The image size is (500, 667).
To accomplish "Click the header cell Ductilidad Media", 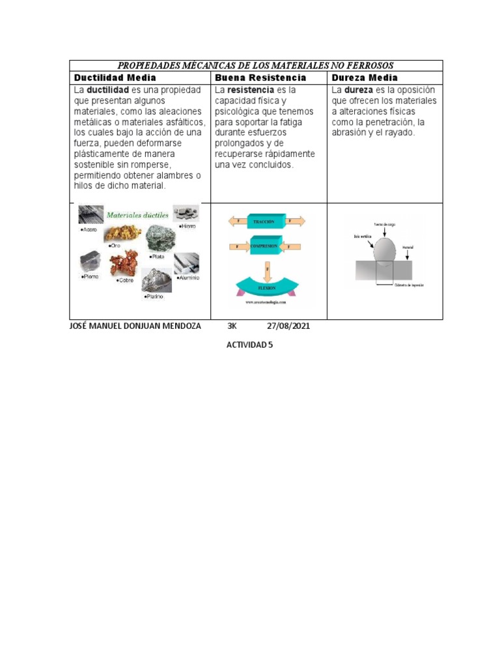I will pos(115,78).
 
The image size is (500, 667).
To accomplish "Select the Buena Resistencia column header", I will pos(260,78).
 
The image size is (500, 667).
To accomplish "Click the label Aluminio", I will pos(187,277).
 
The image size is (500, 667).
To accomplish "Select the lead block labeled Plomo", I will pos(90,263).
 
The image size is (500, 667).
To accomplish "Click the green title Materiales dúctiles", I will pos(137,214).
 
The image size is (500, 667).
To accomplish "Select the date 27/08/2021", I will pos(288,326).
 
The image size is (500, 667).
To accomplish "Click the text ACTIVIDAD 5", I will pos(249,345).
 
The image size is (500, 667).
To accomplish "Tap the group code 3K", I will pos(232,326).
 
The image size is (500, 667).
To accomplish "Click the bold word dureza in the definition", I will pos(358,90).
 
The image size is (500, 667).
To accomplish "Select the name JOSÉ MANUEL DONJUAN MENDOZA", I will pos(135,326).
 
